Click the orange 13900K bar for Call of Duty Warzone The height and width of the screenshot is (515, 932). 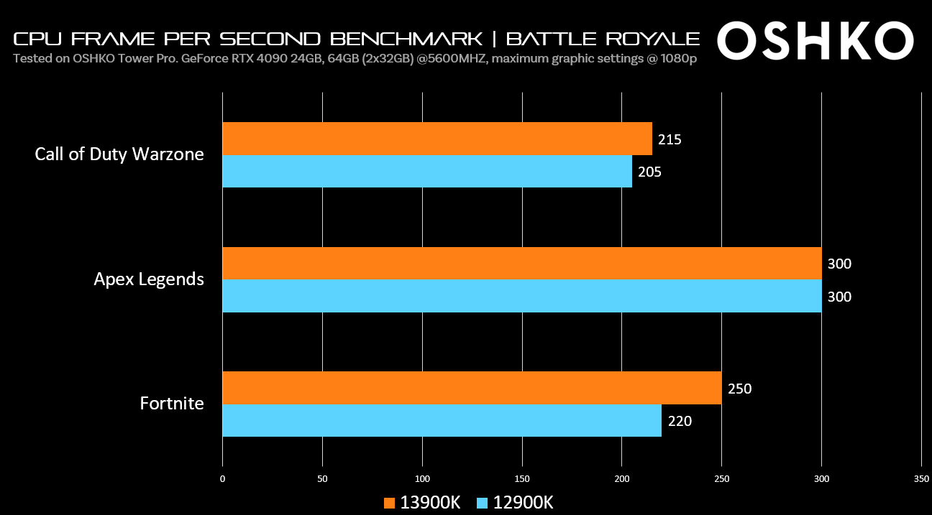[x=437, y=139]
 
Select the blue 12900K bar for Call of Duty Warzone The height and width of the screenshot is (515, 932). [x=427, y=172]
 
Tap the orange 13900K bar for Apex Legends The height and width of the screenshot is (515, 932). [x=521, y=264]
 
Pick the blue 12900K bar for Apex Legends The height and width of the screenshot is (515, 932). [x=521, y=296]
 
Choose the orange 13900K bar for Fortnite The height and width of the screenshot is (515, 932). [x=472, y=389]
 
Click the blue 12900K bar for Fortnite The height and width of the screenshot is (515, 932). [x=442, y=420]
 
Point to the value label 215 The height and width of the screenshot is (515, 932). [x=670, y=139]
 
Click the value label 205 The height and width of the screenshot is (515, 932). [x=649, y=172]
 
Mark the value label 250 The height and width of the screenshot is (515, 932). [x=739, y=389]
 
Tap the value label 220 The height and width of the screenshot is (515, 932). [x=680, y=421]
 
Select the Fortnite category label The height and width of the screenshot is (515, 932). [x=172, y=403]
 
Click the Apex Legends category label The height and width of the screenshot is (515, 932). [x=149, y=279]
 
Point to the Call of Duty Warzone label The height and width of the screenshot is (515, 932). [x=119, y=154]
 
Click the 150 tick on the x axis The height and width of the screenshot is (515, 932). [x=522, y=479]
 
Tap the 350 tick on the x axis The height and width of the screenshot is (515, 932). [x=921, y=479]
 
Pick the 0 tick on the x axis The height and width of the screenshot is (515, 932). [x=222, y=479]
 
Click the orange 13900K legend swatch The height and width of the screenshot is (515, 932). [x=390, y=503]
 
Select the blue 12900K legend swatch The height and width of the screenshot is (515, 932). [x=483, y=503]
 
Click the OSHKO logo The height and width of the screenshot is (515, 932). [x=815, y=42]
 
